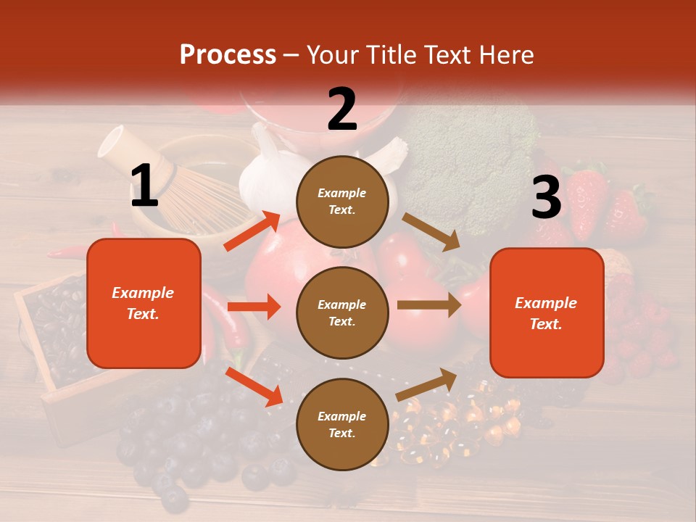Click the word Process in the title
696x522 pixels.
point(228,55)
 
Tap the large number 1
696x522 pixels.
point(144,186)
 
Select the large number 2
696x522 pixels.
point(342,109)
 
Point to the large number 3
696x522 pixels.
point(546,197)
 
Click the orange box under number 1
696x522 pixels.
point(144,303)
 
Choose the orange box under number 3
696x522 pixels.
point(547,313)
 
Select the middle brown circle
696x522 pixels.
point(342,312)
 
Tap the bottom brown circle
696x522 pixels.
point(342,424)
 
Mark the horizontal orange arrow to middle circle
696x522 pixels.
point(254,307)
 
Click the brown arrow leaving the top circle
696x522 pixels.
point(432,232)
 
